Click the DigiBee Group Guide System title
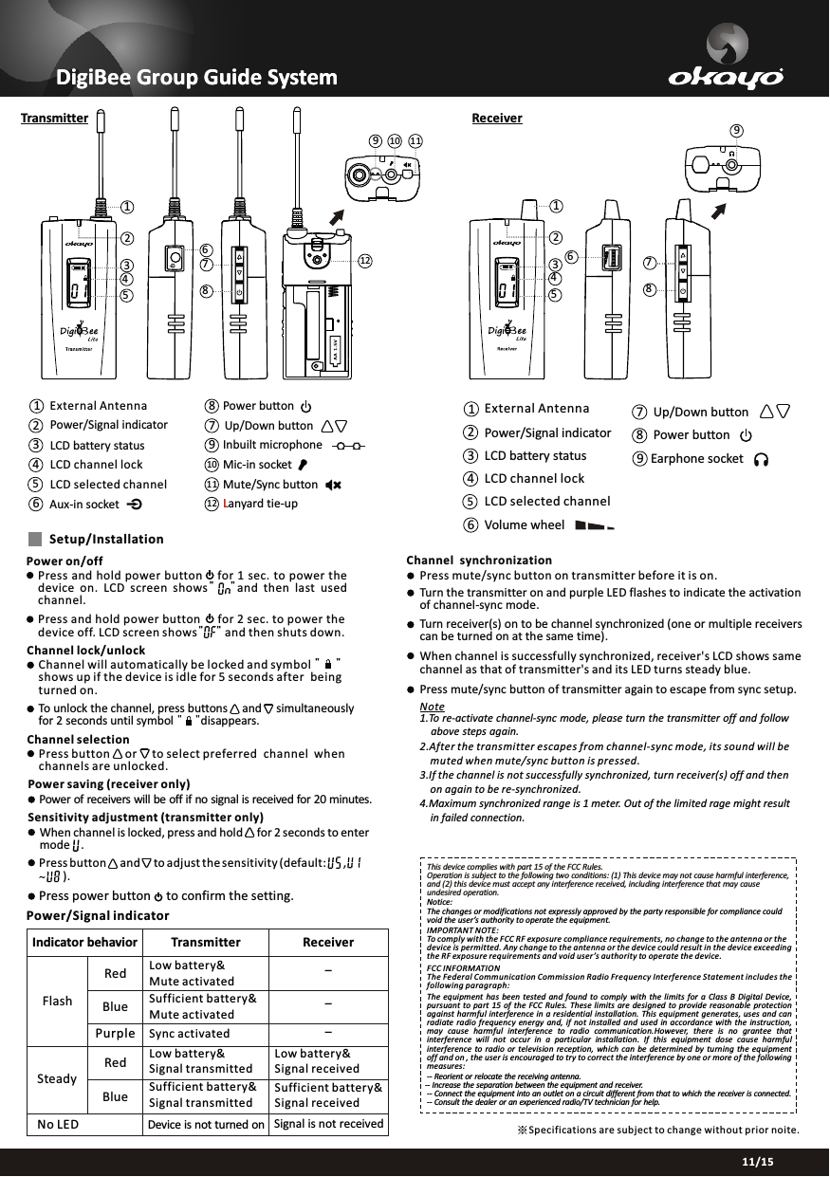(x=196, y=76)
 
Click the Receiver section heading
(x=497, y=118)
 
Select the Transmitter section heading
(x=55, y=119)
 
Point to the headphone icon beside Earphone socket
(x=761, y=459)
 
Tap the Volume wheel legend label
(x=524, y=524)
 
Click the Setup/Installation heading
(x=105, y=539)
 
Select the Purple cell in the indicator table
(x=115, y=1033)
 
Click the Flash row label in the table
(x=58, y=1002)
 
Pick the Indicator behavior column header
(x=84, y=943)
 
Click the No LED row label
(x=58, y=1125)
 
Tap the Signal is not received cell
(x=328, y=1125)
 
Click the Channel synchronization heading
(x=479, y=561)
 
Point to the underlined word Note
(x=432, y=708)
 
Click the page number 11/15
(x=757, y=1162)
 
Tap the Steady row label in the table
(x=58, y=1080)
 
